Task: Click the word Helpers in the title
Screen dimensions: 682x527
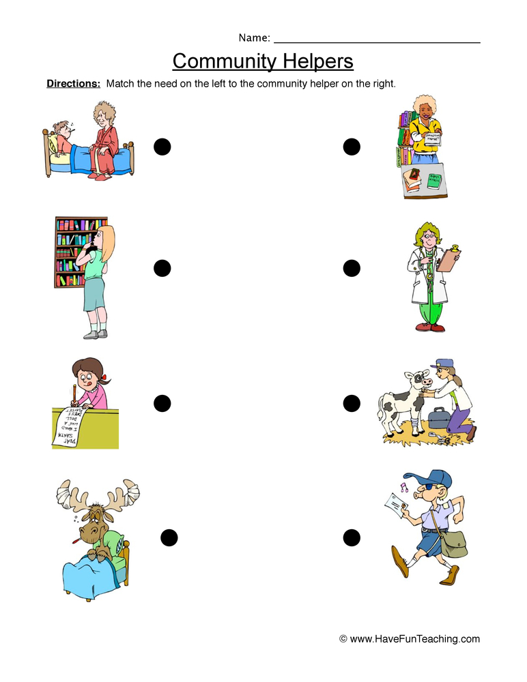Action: pyautogui.click(x=317, y=62)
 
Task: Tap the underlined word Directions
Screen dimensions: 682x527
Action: pyautogui.click(x=73, y=84)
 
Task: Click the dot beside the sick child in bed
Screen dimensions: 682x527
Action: pyautogui.click(x=162, y=146)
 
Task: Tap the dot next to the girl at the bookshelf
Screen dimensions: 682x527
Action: pyautogui.click(x=162, y=268)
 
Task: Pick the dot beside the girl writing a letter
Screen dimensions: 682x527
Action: pyautogui.click(x=162, y=403)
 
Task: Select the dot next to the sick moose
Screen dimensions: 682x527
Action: pyautogui.click(x=169, y=537)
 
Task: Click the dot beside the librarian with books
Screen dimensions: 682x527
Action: pyautogui.click(x=351, y=146)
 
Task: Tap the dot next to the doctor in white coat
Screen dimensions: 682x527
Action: pyautogui.click(x=351, y=268)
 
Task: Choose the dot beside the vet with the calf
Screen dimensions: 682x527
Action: pyautogui.click(x=351, y=403)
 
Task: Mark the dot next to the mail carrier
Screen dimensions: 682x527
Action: pyautogui.click(x=351, y=537)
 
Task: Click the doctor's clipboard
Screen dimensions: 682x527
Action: pyautogui.click(x=448, y=261)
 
